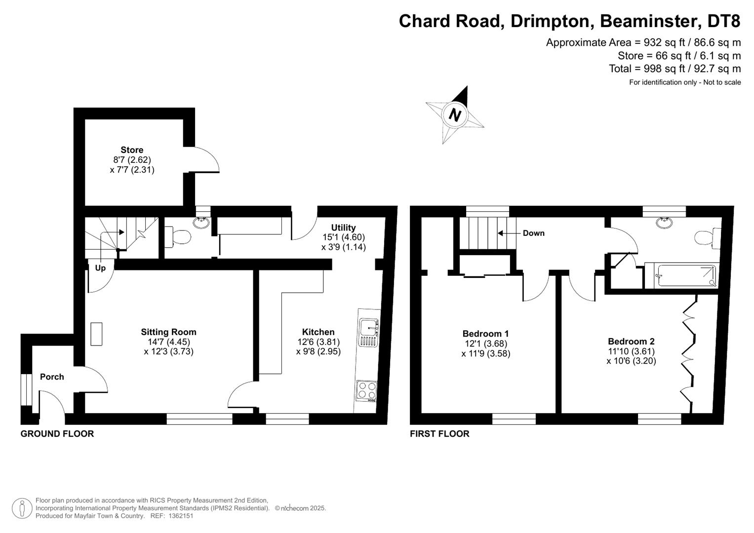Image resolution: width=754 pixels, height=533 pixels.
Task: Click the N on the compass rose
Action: (455, 114)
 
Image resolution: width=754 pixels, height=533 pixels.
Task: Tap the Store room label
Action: (132, 150)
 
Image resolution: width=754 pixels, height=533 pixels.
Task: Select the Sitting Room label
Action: (169, 332)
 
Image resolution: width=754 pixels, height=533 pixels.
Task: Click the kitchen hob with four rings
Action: (366, 391)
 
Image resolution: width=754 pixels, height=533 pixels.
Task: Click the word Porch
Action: (52, 377)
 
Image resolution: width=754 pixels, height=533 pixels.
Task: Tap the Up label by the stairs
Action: (100, 268)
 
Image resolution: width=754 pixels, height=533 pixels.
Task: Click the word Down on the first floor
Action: (533, 233)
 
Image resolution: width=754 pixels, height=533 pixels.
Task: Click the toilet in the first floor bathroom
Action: (708, 237)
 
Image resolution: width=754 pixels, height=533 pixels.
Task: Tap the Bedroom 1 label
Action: (485, 334)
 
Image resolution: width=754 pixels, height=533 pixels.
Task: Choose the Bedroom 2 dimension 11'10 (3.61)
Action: (631, 351)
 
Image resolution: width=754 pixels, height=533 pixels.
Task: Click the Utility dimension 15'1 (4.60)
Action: (344, 237)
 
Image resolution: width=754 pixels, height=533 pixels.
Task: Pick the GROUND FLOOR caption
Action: (57, 434)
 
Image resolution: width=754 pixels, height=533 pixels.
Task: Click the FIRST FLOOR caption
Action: (439, 434)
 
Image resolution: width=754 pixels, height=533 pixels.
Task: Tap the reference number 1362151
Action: (181, 516)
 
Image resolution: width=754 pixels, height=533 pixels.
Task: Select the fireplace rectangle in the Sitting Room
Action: (96, 334)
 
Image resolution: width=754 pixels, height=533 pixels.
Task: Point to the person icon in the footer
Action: (22, 508)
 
